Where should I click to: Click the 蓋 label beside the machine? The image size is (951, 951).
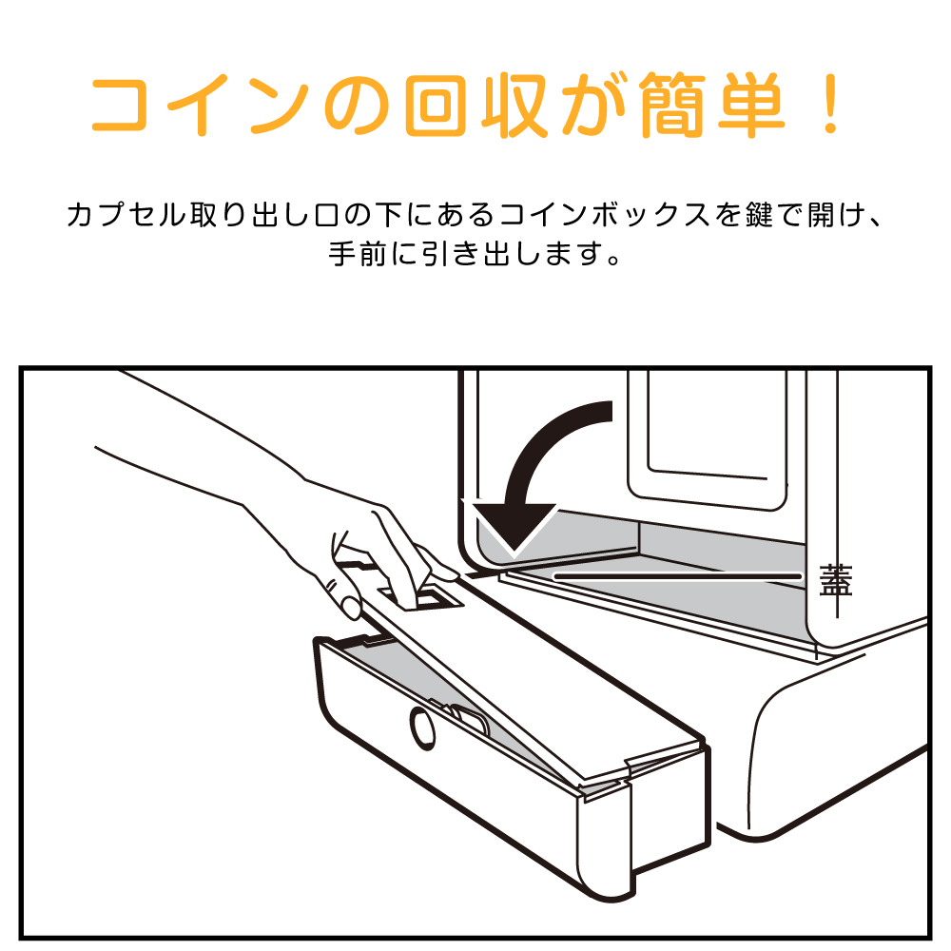point(835,580)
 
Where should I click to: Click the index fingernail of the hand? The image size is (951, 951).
point(350,606)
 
